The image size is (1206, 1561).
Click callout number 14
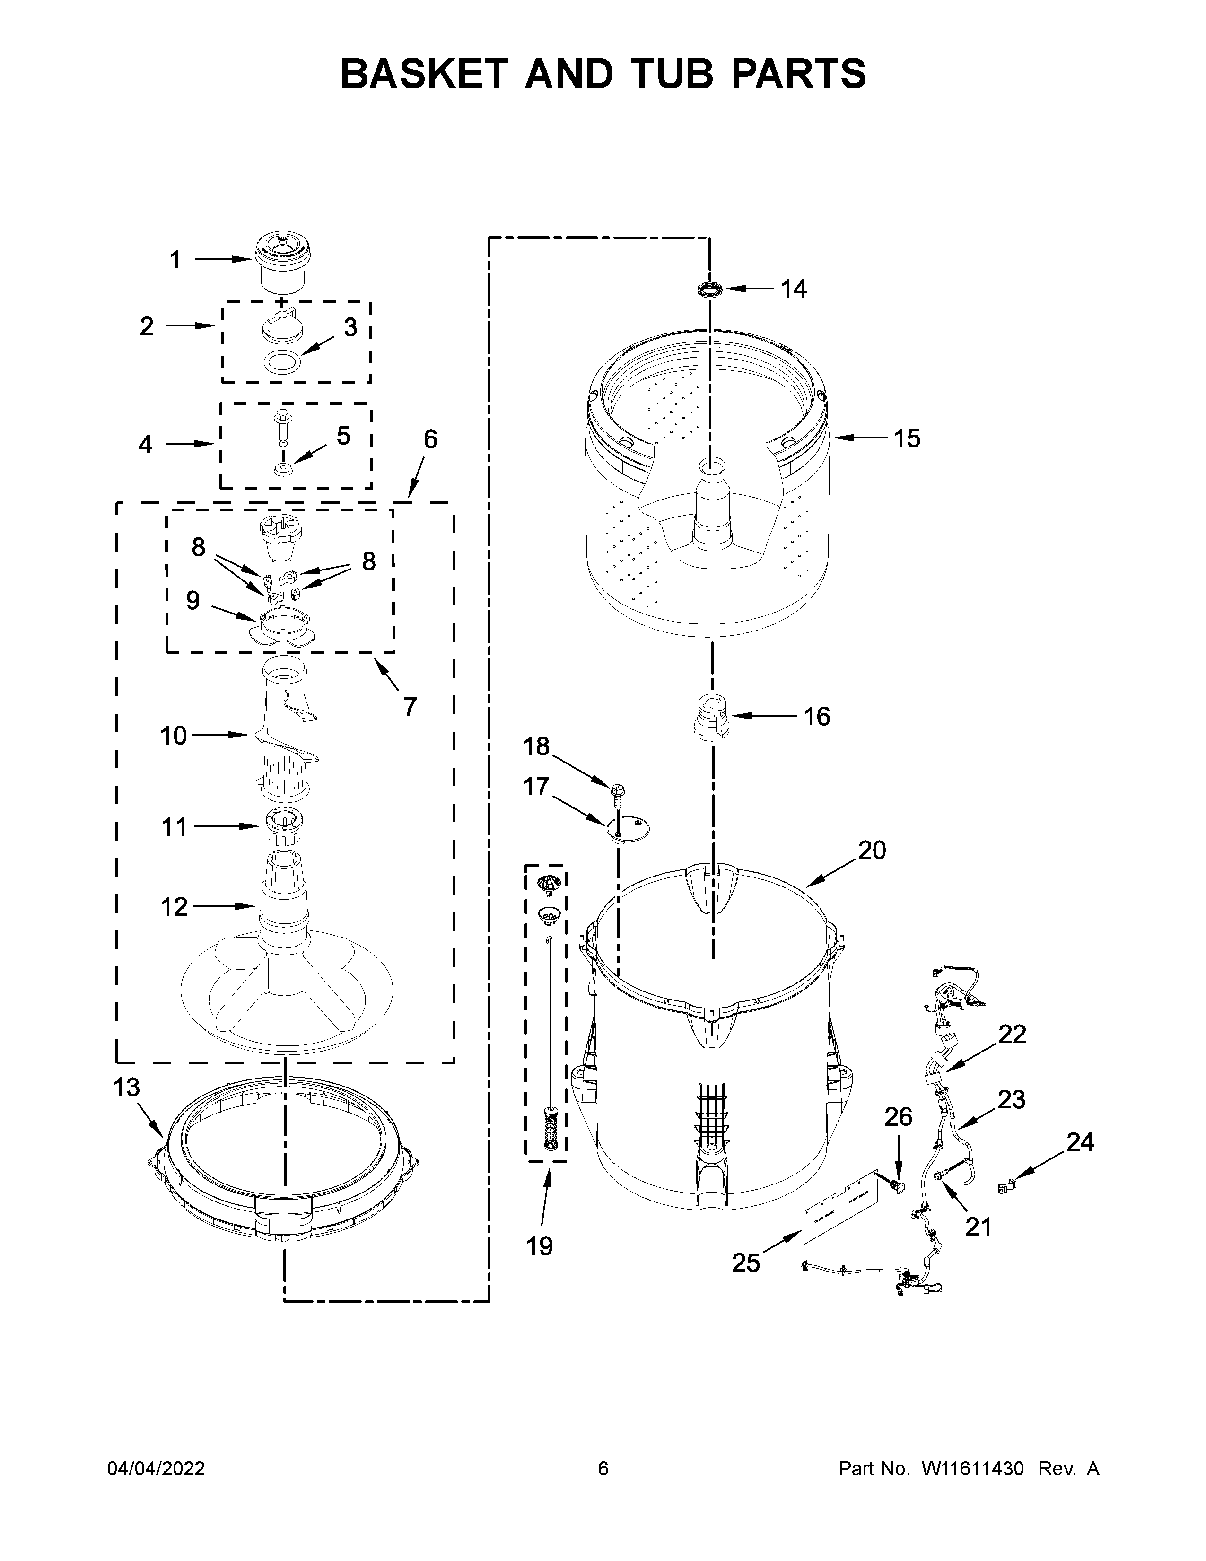tap(793, 289)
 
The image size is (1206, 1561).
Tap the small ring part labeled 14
tap(709, 289)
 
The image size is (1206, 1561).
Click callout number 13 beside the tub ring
tap(126, 1087)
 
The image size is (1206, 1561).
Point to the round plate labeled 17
tap(629, 829)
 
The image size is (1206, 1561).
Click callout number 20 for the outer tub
tap(872, 850)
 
